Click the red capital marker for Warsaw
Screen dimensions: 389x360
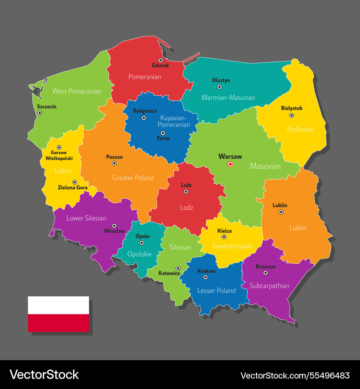click(x=230, y=164)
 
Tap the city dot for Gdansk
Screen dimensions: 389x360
click(x=161, y=60)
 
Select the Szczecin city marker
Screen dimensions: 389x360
click(x=40, y=113)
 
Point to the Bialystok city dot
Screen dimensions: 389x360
click(x=292, y=115)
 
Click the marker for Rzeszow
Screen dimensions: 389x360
click(x=266, y=273)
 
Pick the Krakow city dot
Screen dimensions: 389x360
click(x=206, y=277)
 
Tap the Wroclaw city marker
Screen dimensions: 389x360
click(x=114, y=225)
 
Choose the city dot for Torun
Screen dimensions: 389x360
click(x=163, y=133)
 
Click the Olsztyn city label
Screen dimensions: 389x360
click(x=221, y=80)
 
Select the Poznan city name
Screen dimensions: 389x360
click(x=114, y=157)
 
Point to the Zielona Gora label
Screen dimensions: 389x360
click(x=73, y=188)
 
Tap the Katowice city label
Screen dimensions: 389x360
click(x=169, y=273)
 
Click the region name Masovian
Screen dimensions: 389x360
click(x=265, y=166)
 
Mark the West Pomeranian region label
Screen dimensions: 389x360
click(x=77, y=91)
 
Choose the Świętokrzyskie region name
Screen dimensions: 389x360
click(x=232, y=246)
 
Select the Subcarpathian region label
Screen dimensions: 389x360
click(x=270, y=286)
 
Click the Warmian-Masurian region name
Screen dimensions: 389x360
click(x=228, y=98)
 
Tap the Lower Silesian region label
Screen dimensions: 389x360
click(x=86, y=218)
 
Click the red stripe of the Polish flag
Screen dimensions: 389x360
click(x=58, y=323)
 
